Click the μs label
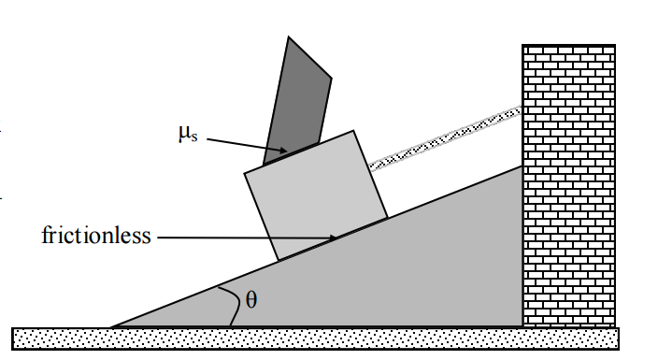[186, 133]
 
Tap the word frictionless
[96, 235]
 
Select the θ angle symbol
[250, 300]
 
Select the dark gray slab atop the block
[297, 98]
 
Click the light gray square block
[315, 194]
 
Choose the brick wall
[568, 187]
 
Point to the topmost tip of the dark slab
[289, 37]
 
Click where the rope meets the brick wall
[522, 110]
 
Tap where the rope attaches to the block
[371, 167]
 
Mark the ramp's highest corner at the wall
[522, 166]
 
